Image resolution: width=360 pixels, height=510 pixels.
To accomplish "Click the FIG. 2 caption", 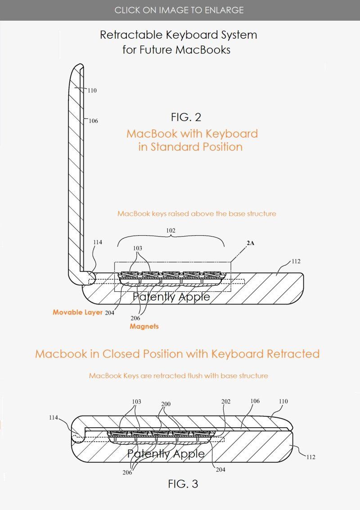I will [x=186, y=117].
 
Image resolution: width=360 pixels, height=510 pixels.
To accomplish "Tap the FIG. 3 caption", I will [x=183, y=484].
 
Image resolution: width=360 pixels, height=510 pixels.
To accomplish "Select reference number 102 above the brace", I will [x=171, y=231].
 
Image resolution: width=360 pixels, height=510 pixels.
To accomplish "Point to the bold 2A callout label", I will [x=250, y=243].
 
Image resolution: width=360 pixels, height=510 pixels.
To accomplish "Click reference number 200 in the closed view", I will [x=166, y=404].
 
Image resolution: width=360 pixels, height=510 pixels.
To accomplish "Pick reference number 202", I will [x=226, y=402].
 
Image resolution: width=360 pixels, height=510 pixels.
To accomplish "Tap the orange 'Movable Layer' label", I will [x=78, y=312].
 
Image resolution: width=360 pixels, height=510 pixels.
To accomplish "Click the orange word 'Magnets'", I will [x=144, y=327].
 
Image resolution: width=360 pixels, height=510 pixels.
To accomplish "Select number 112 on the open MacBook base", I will [x=296, y=261].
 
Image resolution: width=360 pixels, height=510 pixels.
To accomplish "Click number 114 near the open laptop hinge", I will [x=98, y=242].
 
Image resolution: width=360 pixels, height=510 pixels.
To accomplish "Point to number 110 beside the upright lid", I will [x=92, y=90].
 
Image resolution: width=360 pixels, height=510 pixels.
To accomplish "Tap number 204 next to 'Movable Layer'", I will [x=110, y=313].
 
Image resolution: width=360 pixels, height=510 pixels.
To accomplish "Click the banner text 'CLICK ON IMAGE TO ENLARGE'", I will [x=179, y=10].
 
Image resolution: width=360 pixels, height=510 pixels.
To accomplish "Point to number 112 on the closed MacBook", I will [x=310, y=457].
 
